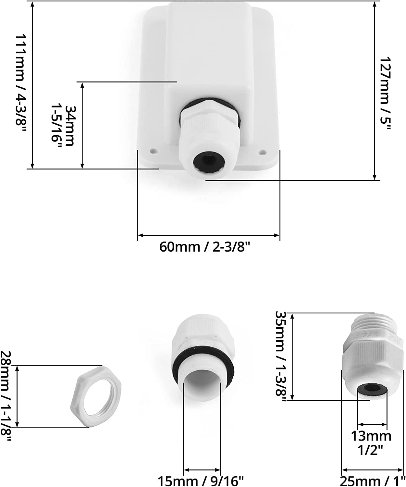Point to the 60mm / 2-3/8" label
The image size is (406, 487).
[x=205, y=247]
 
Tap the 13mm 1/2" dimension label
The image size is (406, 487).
[x=371, y=443]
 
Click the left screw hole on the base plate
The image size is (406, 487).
[x=153, y=151]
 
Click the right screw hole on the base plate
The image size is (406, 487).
[x=263, y=151]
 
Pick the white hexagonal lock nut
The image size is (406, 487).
[x=96, y=396]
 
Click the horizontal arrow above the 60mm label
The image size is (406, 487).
[x=208, y=235]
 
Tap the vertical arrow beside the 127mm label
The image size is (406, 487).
[x=375, y=91]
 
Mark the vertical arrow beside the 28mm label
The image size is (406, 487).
[x=18, y=396]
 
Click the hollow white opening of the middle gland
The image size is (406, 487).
[x=202, y=386]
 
